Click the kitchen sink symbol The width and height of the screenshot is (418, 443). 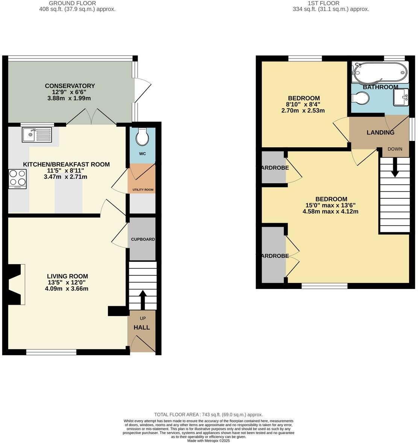(37, 135)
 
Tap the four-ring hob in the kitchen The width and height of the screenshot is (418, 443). (18, 178)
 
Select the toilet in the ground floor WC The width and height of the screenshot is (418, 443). (142, 137)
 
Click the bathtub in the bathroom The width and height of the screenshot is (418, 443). (379, 72)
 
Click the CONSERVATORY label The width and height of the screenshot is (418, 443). (70, 86)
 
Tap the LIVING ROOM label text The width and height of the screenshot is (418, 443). (68, 277)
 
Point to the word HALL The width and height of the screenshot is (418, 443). (142, 328)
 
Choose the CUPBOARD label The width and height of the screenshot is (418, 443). (142, 239)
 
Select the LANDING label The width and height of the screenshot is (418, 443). (380, 133)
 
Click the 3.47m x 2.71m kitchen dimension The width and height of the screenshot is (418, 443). (66, 177)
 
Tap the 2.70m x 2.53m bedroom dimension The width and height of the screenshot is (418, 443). (303, 111)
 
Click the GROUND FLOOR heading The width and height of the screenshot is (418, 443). (77, 3)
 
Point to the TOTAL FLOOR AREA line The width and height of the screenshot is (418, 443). (209, 414)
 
